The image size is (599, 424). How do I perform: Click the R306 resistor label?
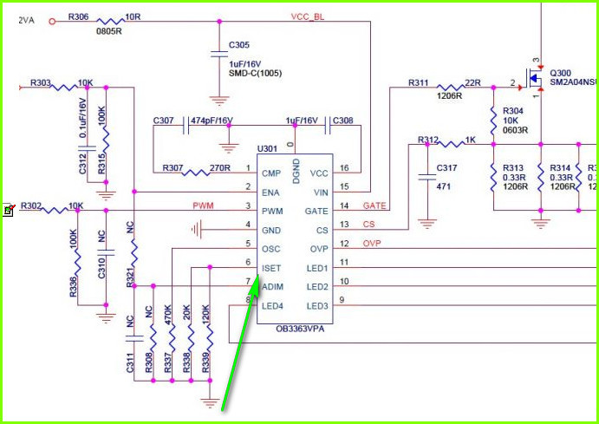click(x=78, y=16)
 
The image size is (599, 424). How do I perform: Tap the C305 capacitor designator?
click(x=240, y=44)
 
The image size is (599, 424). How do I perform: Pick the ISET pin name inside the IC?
click(x=271, y=268)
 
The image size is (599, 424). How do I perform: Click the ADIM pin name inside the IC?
click(x=272, y=287)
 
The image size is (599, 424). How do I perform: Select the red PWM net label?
click(x=204, y=205)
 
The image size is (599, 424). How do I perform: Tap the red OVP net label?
click(x=373, y=244)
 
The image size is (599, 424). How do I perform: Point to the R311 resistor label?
click(x=419, y=83)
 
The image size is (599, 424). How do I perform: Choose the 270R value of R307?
click(x=220, y=167)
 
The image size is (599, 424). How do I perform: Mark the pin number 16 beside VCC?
click(x=344, y=168)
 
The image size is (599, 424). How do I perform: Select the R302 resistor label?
click(x=32, y=205)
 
